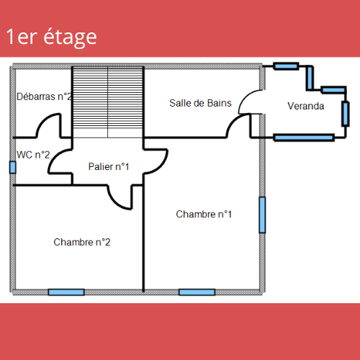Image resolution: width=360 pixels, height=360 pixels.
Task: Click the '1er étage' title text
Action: pos(51,37)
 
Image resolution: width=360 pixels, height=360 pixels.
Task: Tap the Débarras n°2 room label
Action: pos(44,96)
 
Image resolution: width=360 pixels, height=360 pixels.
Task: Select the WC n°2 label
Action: pos(33,155)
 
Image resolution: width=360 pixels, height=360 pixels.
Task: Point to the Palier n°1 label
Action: pos(109,166)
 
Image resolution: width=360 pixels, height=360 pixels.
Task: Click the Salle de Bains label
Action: pos(200,103)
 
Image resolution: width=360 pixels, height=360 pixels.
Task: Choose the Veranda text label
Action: pos(306,106)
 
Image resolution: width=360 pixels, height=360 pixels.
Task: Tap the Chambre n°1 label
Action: pos(204,214)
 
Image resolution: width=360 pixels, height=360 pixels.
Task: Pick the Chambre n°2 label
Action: pos(82,242)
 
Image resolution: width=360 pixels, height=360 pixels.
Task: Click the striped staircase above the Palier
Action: pos(108,102)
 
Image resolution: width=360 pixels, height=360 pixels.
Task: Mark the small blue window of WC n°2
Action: pos(13,167)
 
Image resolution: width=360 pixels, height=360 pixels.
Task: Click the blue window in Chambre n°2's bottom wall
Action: pos(66,292)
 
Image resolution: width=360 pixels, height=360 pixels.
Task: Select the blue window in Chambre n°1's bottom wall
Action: pos(197,292)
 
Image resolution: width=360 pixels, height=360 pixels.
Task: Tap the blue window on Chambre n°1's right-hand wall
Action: pos(262,215)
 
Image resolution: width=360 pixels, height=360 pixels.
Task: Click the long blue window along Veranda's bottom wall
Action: pos(304,138)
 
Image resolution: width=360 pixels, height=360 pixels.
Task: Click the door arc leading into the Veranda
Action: pos(245,96)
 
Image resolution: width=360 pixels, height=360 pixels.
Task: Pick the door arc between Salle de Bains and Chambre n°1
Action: pos(233,121)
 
